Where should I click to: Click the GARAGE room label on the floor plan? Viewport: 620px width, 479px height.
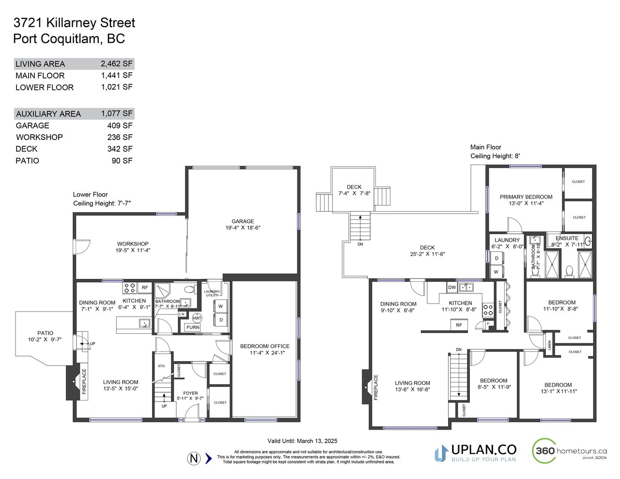tap(243, 221)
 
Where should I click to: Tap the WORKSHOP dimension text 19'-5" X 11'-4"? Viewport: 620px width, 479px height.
tap(133, 250)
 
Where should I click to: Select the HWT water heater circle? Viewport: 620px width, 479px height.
tap(197, 318)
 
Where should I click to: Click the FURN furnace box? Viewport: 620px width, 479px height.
tap(193, 327)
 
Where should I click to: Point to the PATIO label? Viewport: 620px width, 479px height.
tap(46, 333)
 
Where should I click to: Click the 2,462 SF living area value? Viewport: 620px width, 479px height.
tap(116, 63)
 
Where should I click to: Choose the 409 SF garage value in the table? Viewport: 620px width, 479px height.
tap(120, 125)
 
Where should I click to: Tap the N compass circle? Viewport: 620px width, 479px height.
tap(194, 459)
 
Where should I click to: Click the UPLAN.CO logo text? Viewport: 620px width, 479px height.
tap(483, 450)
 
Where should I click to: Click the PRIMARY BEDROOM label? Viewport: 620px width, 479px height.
tap(526, 197)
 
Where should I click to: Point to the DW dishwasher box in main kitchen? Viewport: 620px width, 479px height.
tap(452, 287)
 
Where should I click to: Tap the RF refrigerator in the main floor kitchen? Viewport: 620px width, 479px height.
tap(459, 325)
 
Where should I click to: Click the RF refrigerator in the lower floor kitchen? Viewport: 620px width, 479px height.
tap(145, 288)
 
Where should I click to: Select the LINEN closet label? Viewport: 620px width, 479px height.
tap(550, 345)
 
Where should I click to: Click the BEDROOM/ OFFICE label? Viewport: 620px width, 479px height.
tap(265, 346)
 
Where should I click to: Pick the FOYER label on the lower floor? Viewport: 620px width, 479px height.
tap(190, 393)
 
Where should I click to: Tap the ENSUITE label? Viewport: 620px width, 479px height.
tap(567, 238)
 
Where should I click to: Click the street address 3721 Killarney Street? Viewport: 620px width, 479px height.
tap(74, 23)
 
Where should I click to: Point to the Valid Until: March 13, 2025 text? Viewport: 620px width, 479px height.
tap(302, 441)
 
